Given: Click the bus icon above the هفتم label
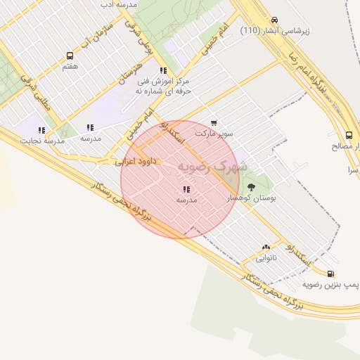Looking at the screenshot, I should click(70, 56).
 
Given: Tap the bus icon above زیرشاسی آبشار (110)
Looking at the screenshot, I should click(274, 20).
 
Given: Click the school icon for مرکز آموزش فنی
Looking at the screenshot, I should click(163, 71).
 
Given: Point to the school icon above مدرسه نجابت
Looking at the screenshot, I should click(41, 130).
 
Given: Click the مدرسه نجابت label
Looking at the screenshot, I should click(44, 141).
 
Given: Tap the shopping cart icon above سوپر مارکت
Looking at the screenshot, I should click(214, 122).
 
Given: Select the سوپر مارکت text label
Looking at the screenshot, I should click(214, 132).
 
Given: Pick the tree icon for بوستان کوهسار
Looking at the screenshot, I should click(251, 187).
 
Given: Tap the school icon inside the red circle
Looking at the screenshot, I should click(186, 189).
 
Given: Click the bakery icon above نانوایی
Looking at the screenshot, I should click(266, 247).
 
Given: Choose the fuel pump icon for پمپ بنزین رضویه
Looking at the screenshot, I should click(330, 274).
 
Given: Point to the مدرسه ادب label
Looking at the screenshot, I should click(117, 4).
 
